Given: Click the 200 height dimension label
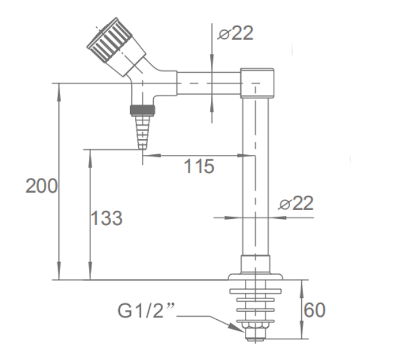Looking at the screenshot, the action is coord(41,186).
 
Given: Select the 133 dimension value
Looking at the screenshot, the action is coord(107,218).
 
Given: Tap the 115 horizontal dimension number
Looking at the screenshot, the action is coord(199,166).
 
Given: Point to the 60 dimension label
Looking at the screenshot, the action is coord(315,310).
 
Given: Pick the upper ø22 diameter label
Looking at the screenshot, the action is coord(235,33).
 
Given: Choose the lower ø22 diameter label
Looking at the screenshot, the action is coord(296,203).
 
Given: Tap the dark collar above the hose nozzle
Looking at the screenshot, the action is coord(143,110).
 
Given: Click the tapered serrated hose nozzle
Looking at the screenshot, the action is coord(143,132).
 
